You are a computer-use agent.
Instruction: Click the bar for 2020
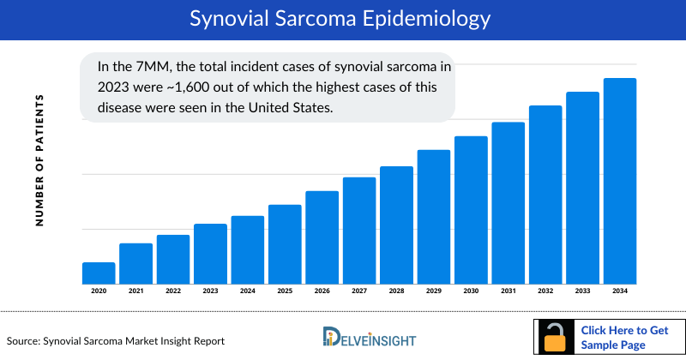[x=99, y=273]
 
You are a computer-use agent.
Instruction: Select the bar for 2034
[x=620, y=181]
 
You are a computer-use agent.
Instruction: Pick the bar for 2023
[x=210, y=254]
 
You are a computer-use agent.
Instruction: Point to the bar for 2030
[x=471, y=210]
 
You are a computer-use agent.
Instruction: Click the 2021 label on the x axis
[x=135, y=291]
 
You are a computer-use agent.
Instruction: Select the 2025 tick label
[x=285, y=291]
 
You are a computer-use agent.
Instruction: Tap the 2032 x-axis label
[x=545, y=291]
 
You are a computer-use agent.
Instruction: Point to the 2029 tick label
[x=434, y=291]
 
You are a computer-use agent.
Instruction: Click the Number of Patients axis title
[x=39, y=161]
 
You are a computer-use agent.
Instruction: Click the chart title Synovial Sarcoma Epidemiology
[x=343, y=18]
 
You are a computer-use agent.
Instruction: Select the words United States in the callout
[x=291, y=108]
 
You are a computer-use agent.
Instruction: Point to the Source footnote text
[x=116, y=341]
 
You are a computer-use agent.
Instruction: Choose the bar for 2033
[x=582, y=188]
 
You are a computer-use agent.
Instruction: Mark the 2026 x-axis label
[x=322, y=291]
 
